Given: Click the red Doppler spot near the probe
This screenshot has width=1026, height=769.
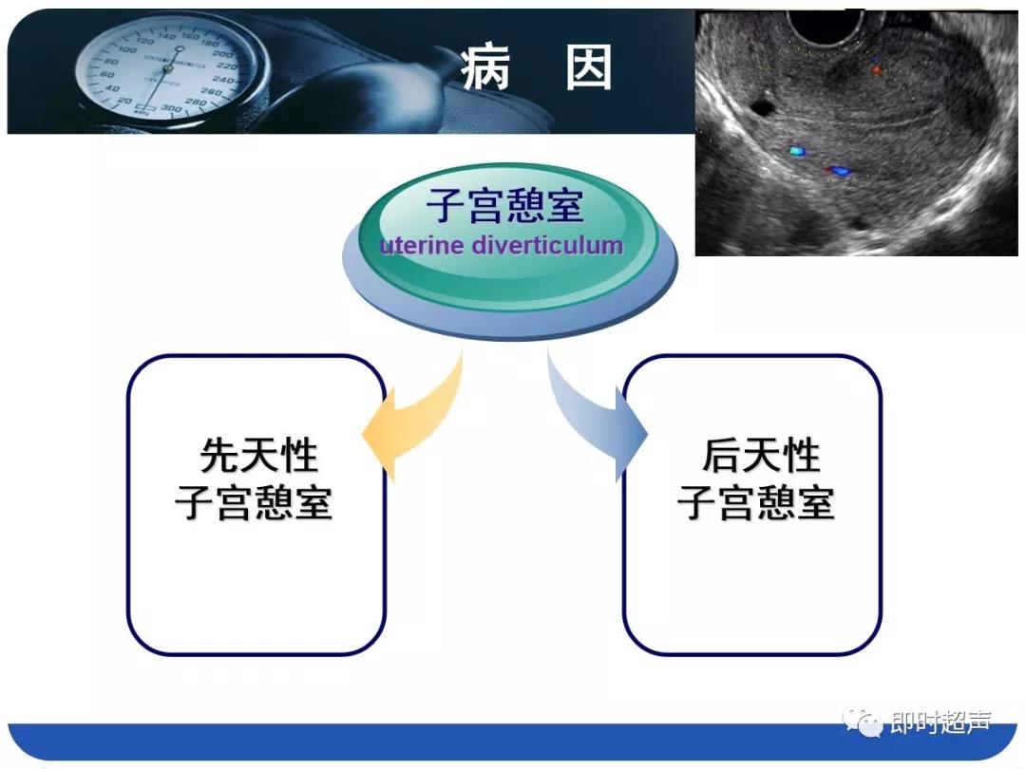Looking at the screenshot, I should tap(875, 69).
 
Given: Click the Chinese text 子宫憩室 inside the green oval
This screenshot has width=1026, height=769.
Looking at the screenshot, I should tap(504, 204).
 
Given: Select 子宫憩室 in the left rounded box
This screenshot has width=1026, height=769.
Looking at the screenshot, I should tap(255, 503).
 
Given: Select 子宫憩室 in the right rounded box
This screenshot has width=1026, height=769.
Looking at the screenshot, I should tap(756, 503).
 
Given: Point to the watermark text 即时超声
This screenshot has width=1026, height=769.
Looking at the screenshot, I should tap(940, 723).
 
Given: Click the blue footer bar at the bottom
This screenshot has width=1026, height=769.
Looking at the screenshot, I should tap(513, 741).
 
